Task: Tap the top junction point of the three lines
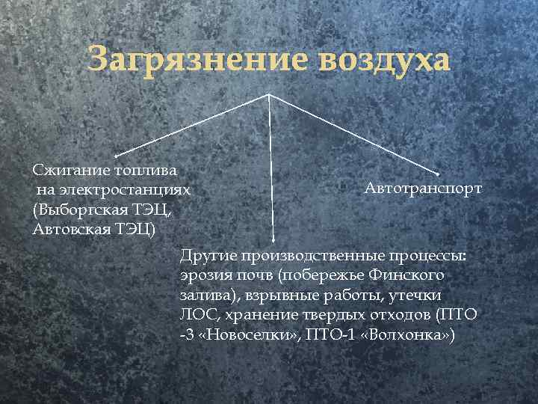coord(269,95)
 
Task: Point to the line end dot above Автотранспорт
coord(438,173)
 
